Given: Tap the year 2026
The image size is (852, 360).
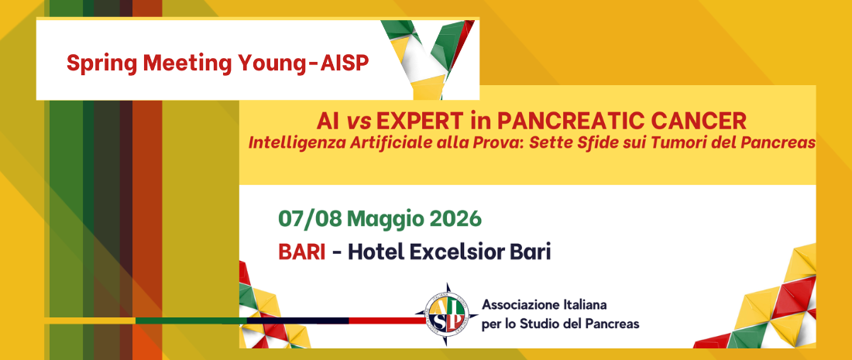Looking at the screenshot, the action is [x=456, y=218].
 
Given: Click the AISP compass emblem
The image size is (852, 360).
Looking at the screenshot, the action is [x=446, y=314].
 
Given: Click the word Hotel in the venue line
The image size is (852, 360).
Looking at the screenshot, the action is [x=376, y=252].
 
